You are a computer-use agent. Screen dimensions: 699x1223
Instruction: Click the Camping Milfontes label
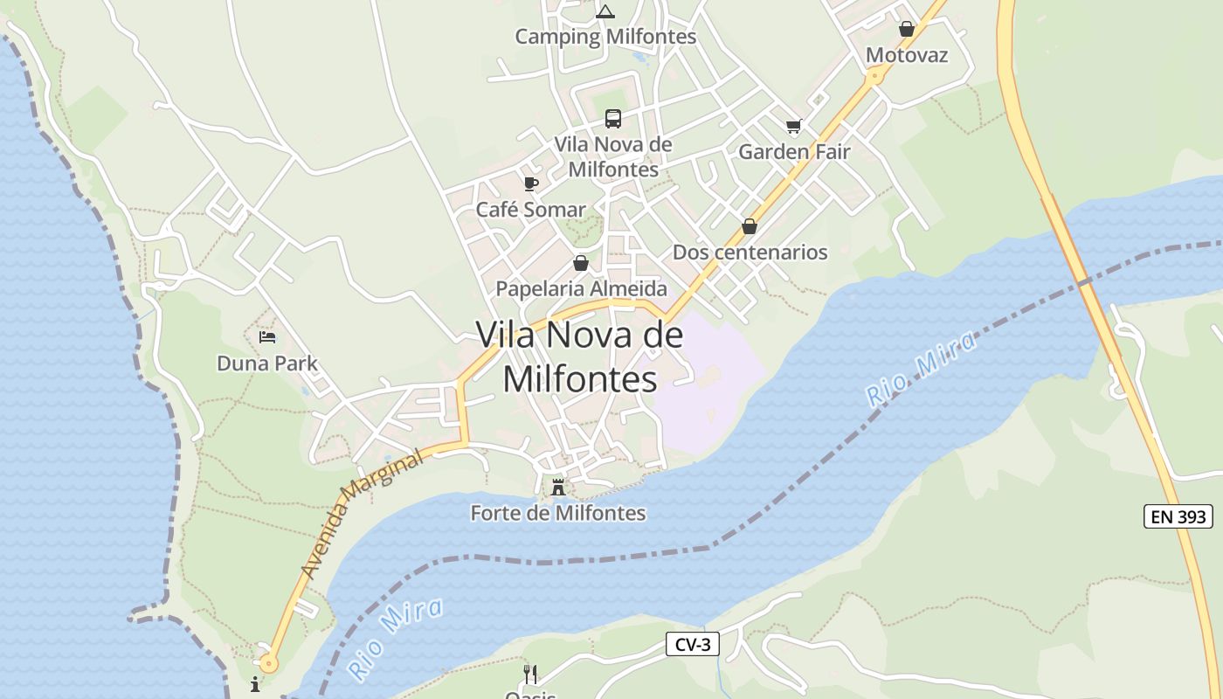[x=605, y=37]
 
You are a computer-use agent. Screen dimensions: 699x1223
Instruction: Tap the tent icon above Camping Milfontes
[x=605, y=11]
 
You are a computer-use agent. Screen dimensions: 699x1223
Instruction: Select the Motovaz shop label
[x=907, y=55]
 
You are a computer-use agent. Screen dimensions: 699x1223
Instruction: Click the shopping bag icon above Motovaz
[x=907, y=30]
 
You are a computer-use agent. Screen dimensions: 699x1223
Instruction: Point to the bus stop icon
[x=613, y=119]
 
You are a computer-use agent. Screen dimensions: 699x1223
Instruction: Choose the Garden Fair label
[x=794, y=152]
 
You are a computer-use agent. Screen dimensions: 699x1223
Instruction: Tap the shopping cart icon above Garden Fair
[x=793, y=127]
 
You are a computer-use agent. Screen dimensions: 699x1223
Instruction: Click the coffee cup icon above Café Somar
[x=530, y=183]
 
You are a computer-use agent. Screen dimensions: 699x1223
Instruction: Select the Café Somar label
[x=530, y=210]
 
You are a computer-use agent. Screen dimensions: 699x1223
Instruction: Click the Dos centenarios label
[x=750, y=253]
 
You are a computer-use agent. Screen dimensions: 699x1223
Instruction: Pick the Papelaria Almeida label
[x=581, y=288]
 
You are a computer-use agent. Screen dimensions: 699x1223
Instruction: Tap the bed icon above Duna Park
[x=267, y=337]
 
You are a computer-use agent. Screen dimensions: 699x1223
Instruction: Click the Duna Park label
[x=267, y=363]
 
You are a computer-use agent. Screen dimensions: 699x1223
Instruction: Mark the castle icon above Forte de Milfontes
[x=558, y=487]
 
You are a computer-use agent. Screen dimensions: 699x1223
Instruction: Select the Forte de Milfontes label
[x=558, y=513]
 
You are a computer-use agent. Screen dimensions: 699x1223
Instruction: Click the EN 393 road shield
[x=1178, y=516]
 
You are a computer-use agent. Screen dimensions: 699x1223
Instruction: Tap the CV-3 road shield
[x=693, y=645]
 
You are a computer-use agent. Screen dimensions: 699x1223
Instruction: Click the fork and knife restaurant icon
[x=529, y=674]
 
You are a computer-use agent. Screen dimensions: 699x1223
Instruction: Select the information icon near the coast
[x=255, y=683]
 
